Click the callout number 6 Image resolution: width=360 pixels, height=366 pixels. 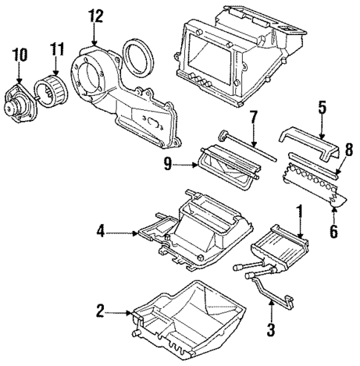pyautogui.click(x=333, y=231)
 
